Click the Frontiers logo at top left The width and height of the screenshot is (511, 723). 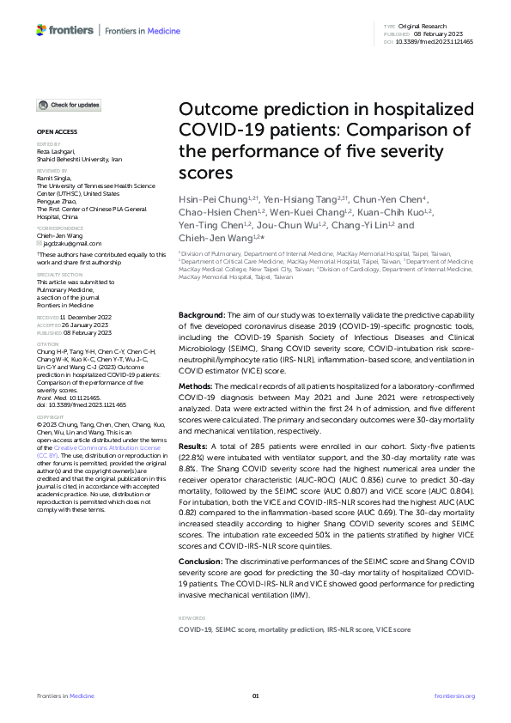click(x=65, y=30)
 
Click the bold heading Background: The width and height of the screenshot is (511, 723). click(x=202, y=316)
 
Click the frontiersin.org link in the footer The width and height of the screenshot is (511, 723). click(x=454, y=696)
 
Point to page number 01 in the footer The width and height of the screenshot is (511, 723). click(x=255, y=696)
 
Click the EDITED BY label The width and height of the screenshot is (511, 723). click(x=47, y=145)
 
